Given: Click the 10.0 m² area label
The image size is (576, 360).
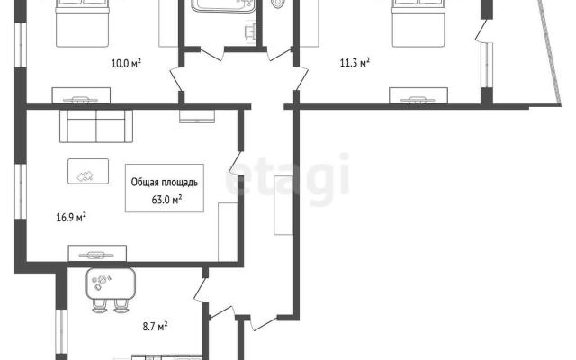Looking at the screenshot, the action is pos(126,64).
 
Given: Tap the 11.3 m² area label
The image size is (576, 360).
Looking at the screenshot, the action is pos(355,63).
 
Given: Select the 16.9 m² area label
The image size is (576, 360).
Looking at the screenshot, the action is pos(71,217).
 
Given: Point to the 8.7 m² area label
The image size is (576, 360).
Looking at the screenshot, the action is pos(156,326).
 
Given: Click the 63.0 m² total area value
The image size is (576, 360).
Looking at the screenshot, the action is pos(166,200).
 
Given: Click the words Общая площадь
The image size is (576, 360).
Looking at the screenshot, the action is pos(165,183).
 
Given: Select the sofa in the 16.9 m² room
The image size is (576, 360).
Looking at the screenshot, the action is pos(96,126).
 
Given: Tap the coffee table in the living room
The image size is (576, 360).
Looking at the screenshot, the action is pos(88,171).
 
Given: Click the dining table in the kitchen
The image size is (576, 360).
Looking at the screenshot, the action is pos(111,283).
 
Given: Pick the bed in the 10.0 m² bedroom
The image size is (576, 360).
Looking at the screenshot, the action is pos(82,23).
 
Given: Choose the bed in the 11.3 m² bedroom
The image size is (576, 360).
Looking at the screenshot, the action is pos(418,23).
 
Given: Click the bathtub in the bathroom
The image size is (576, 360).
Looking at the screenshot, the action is pos(222,6).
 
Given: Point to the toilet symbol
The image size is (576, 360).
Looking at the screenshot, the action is pos(278,4).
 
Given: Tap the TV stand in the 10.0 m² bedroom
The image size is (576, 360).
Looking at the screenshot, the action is pos(81,95).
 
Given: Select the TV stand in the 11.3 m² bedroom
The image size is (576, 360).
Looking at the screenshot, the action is pos(418,95).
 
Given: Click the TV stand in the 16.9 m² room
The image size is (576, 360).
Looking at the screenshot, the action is pos(97,254).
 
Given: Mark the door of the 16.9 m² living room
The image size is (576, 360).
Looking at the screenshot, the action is pos(236,163).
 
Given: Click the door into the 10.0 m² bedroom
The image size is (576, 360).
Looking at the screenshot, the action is pos(176,78).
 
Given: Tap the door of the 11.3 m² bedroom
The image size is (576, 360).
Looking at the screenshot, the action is pos(301,78).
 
